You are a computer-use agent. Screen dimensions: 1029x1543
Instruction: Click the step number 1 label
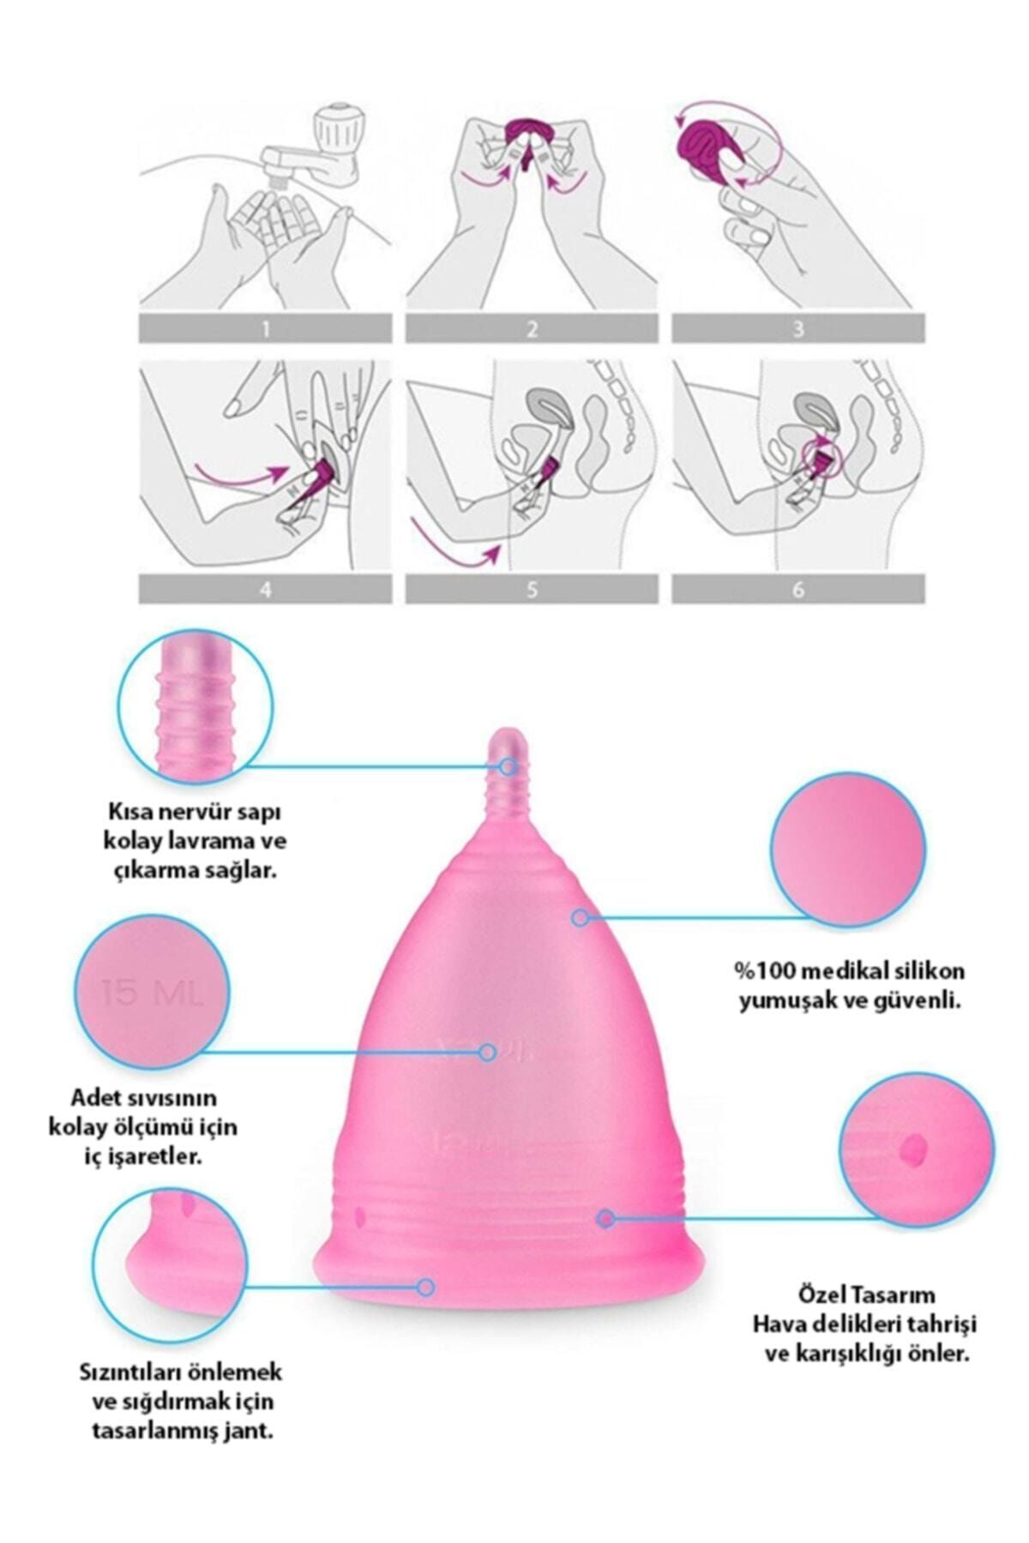coord(266,329)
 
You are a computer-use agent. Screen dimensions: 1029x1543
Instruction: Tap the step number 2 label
coord(533,329)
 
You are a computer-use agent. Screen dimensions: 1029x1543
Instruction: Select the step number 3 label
coord(798,329)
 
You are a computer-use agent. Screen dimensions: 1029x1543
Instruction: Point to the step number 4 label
coord(266,590)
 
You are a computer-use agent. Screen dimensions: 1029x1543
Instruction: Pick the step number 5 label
coord(533,590)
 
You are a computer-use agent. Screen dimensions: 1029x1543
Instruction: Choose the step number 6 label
coord(798,590)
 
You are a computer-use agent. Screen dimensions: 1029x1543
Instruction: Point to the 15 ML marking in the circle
coord(153,994)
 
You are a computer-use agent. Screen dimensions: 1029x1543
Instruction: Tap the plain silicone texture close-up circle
coord(848,847)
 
